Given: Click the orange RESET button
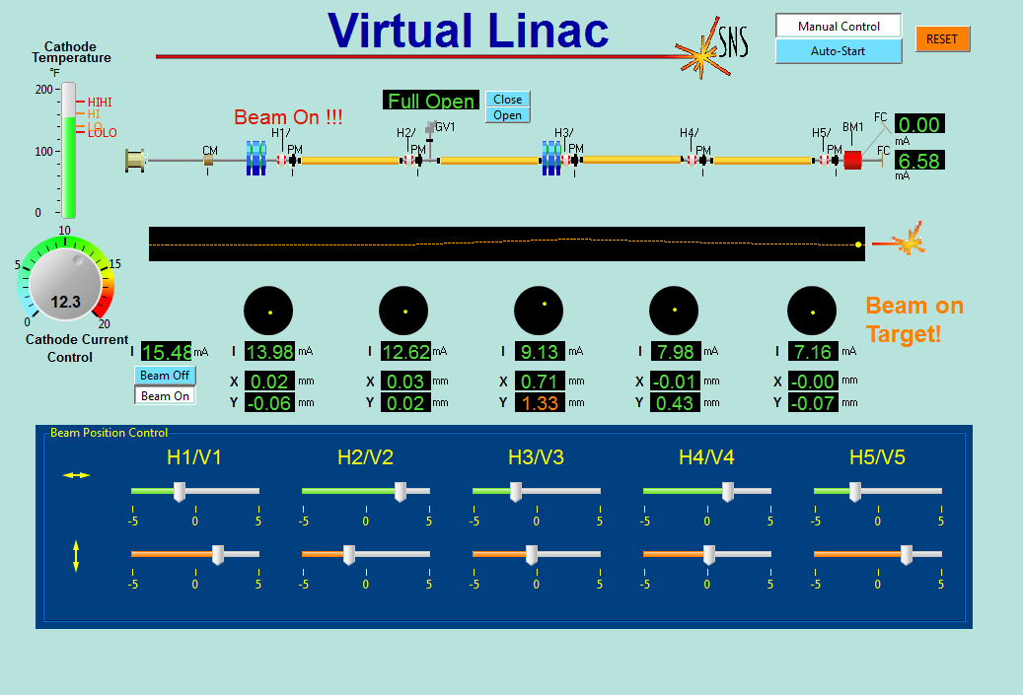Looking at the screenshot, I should (x=942, y=39).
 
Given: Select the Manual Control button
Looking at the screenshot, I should (x=839, y=27).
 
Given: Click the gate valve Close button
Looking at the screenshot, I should (x=508, y=100).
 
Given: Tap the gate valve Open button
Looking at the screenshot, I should (x=508, y=115).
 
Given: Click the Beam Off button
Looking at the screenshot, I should (x=165, y=376).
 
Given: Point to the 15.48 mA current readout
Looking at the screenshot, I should (x=166, y=352).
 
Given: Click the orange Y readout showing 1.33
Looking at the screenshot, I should (x=541, y=402).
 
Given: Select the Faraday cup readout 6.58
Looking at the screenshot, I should (x=919, y=161).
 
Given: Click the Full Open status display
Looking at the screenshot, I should (x=431, y=101).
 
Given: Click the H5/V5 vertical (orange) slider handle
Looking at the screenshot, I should (x=907, y=555).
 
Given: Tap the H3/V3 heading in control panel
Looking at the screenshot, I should (x=536, y=457).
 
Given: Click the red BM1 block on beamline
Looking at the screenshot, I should (x=853, y=160).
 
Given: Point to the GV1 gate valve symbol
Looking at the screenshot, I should (x=430, y=129).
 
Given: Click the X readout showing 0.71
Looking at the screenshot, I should (x=541, y=382).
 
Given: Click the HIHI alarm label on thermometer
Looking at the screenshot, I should (x=100, y=102).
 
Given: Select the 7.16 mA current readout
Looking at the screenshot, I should (x=813, y=352).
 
